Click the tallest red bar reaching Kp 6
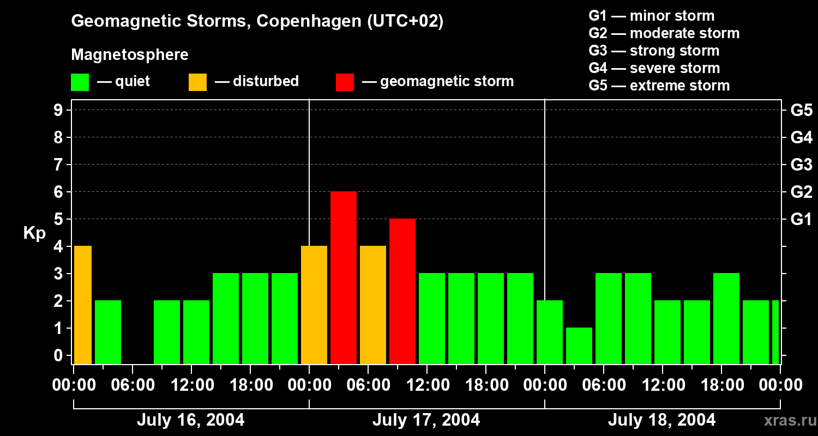pyautogui.click(x=344, y=277)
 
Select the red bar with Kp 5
pyautogui.click(x=402, y=291)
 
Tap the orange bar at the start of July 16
pyautogui.click(x=82, y=305)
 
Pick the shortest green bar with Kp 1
pyautogui.click(x=579, y=346)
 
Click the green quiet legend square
pyautogui.click(x=80, y=82)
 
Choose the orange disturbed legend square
pyautogui.click(x=198, y=82)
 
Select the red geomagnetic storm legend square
pyautogui.click(x=345, y=82)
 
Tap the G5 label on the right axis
pyautogui.click(x=801, y=111)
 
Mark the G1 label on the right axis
pyautogui.click(x=801, y=220)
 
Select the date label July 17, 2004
pyautogui.click(x=426, y=420)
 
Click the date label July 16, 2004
pyautogui.click(x=190, y=420)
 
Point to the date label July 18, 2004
pyautogui.click(x=661, y=420)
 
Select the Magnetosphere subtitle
pyautogui.click(x=130, y=55)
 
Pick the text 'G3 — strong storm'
pyautogui.click(x=654, y=51)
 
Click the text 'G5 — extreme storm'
pyautogui.click(x=659, y=86)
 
